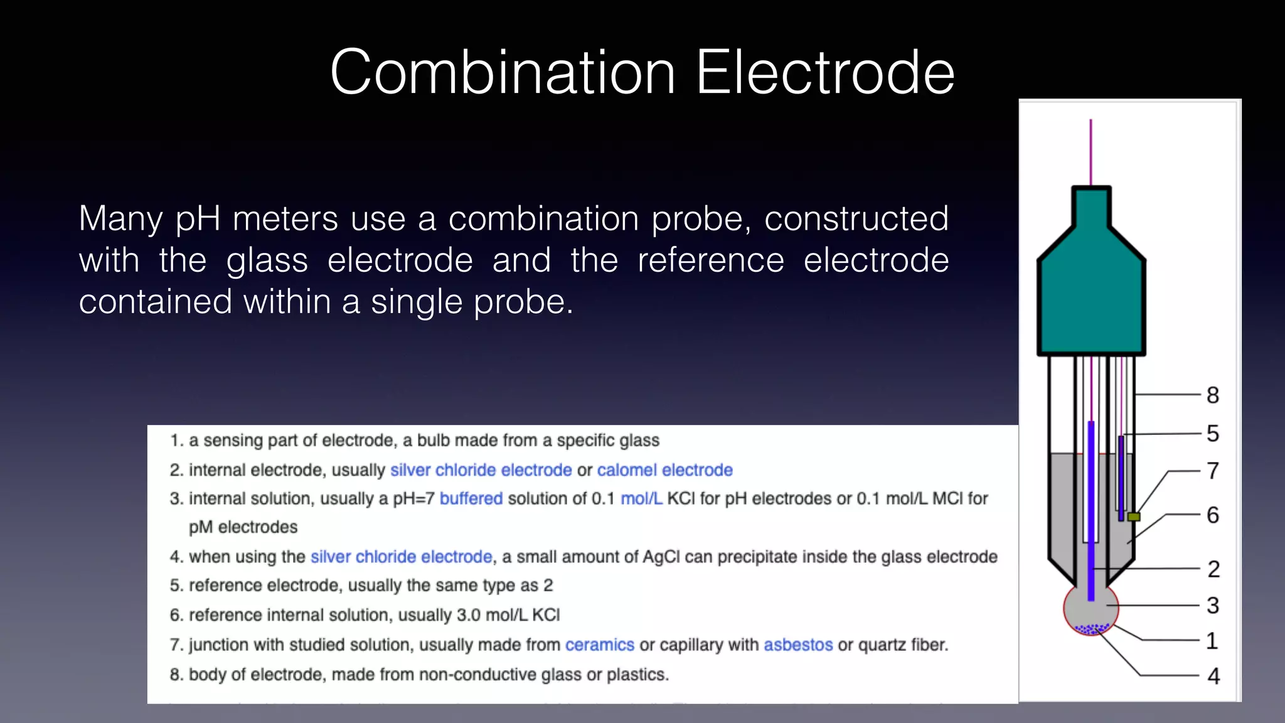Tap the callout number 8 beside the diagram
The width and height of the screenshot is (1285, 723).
[1213, 395]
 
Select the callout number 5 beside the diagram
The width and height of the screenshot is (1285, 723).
[1213, 434]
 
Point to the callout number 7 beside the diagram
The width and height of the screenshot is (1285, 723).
[1213, 471]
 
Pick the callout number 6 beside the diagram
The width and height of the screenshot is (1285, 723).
[1213, 515]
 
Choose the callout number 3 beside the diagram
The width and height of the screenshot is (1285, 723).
[1213, 606]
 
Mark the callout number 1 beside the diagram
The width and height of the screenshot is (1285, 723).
[1212, 641]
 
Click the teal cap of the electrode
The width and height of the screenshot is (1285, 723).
[1091, 295]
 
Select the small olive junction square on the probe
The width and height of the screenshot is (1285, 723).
[1134, 517]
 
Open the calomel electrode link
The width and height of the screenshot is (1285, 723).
[664, 470]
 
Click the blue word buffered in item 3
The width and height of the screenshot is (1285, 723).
[471, 499]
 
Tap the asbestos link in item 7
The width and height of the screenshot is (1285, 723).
[798, 645]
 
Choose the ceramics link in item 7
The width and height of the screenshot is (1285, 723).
[599, 645]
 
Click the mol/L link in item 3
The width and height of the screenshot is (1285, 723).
[641, 499]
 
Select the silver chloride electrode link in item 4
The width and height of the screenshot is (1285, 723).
[401, 557]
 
